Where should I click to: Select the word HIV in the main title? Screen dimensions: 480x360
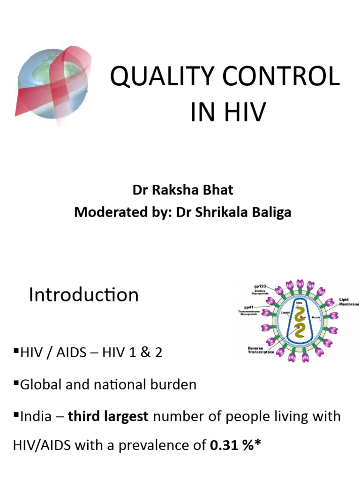tap(240, 112)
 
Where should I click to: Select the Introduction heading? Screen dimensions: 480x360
tap(83, 295)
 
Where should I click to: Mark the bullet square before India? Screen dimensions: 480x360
tap(17, 414)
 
